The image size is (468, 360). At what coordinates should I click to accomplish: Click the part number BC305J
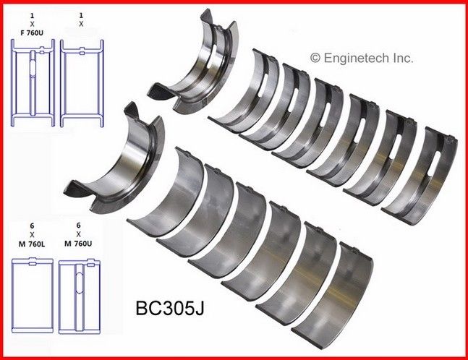tap(170, 308)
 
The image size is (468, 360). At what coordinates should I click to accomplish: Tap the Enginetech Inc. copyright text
tap(362, 58)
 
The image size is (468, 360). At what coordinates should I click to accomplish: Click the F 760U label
tap(32, 33)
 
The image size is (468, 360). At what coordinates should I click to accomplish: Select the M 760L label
tap(32, 244)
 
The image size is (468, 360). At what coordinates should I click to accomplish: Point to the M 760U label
tap(78, 244)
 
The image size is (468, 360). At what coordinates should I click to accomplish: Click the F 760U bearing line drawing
tap(33, 82)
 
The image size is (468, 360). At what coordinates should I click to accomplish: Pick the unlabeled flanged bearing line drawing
tap(82, 83)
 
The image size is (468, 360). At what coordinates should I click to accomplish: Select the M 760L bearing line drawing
tap(33, 295)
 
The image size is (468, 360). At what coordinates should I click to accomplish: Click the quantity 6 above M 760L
tap(32, 226)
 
